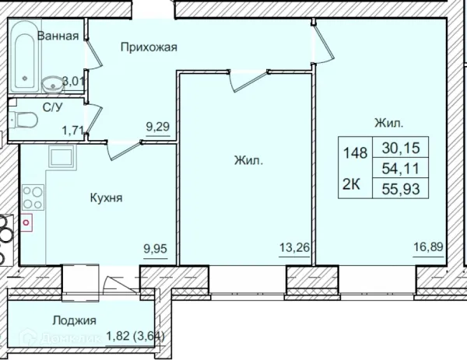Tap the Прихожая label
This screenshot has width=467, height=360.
149,47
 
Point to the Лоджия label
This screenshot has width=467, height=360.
74,320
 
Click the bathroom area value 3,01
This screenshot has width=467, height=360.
71,80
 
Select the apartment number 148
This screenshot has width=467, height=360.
354,152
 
